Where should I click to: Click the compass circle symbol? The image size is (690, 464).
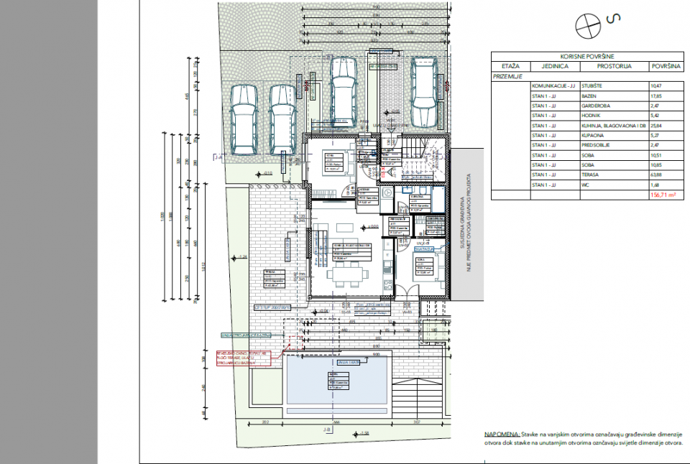pyautogui.click(x=586, y=25)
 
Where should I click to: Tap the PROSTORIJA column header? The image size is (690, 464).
pyautogui.click(x=614, y=65)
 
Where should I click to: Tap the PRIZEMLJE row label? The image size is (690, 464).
pyautogui.click(x=507, y=75)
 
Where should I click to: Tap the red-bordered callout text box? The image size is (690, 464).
pyautogui.click(x=244, y=358)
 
